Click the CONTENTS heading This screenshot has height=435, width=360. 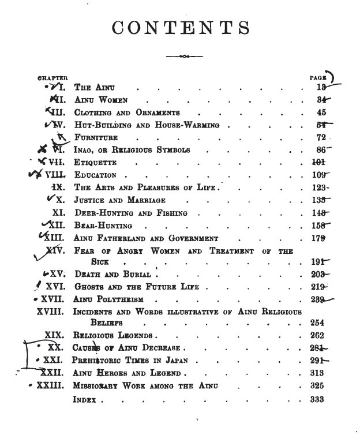click(x=180, y=27)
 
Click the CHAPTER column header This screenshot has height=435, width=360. click(x=52, y=77)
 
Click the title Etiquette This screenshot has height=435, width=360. click(x=96, y=163)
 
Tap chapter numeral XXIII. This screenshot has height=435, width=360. click(x=51, y=386)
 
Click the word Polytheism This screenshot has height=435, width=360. click(x=121, y=299)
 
